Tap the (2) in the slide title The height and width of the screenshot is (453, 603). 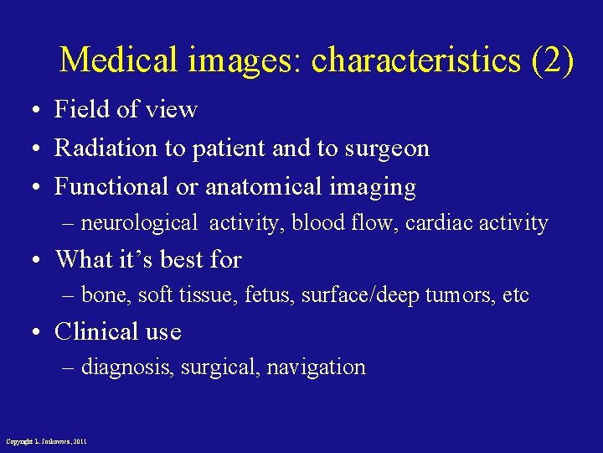[x=552, y=60]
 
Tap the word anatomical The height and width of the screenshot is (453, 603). [x=269, y=187]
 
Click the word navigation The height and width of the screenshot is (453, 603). [x=316, y=368]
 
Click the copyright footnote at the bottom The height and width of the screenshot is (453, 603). [x=46, y=441]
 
